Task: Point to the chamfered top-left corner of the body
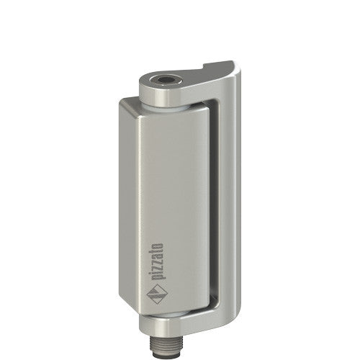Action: coord(125,105)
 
